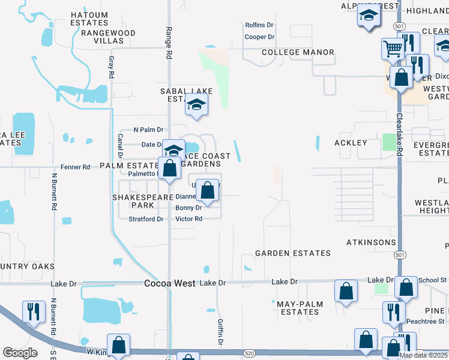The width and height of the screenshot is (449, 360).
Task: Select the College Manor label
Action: click(298, 53)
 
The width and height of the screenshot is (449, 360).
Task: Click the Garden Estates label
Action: click(293, 253)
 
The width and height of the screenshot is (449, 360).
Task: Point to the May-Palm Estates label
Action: click(300, 308)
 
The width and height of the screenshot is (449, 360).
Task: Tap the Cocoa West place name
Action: click(170, 283)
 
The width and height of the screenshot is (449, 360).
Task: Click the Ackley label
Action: click(351, 143)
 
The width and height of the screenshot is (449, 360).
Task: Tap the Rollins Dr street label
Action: click(259, 25)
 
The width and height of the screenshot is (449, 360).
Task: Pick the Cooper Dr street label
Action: click(259, 37)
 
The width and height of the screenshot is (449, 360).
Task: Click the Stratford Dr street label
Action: click(146, 219)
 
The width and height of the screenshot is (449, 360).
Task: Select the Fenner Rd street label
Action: click(78, 167)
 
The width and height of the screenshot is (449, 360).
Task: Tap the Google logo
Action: click(20, 353)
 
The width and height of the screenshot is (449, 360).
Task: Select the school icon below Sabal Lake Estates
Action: click(196, 105)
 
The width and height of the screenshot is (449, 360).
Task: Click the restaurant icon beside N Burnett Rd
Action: click(32, 311)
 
